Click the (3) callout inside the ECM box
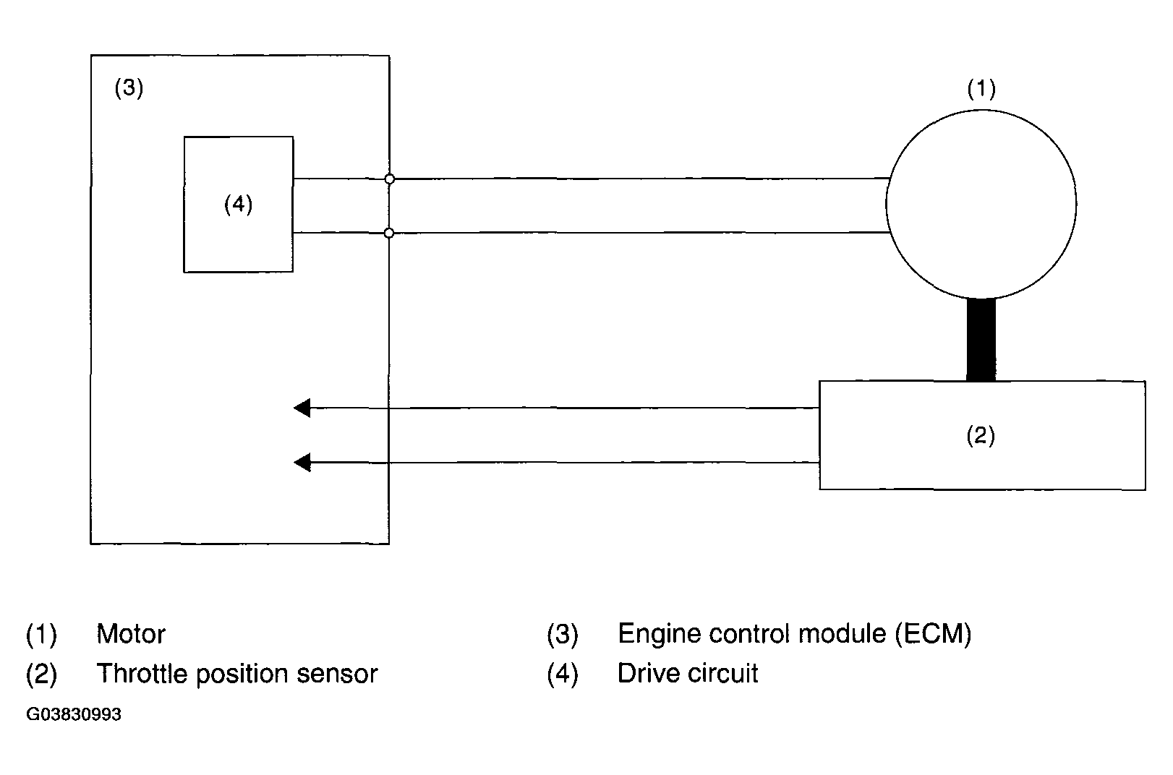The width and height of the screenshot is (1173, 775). coord(129,87)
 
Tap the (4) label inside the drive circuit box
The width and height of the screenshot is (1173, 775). coord(238,204)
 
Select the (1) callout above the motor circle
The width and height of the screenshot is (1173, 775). coord(981,88)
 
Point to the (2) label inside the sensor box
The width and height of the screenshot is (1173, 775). coord(981,435)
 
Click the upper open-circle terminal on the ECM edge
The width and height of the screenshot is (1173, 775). coord(389,179)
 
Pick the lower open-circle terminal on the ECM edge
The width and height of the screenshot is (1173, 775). coord(388,233)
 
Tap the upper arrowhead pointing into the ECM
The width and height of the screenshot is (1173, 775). coord(302,408)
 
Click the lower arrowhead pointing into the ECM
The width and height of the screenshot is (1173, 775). coord(302,463)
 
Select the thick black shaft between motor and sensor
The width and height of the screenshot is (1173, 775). coord(981,339)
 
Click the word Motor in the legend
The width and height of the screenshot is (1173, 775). coord(131,634)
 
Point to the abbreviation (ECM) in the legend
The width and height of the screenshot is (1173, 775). coord(933,633)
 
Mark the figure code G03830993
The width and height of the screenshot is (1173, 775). coord(74,714)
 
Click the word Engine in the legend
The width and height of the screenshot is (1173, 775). coord(659,634)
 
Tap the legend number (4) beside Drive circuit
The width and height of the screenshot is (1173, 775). coord(563,674)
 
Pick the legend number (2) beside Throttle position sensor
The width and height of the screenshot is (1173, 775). coord(41,674)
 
